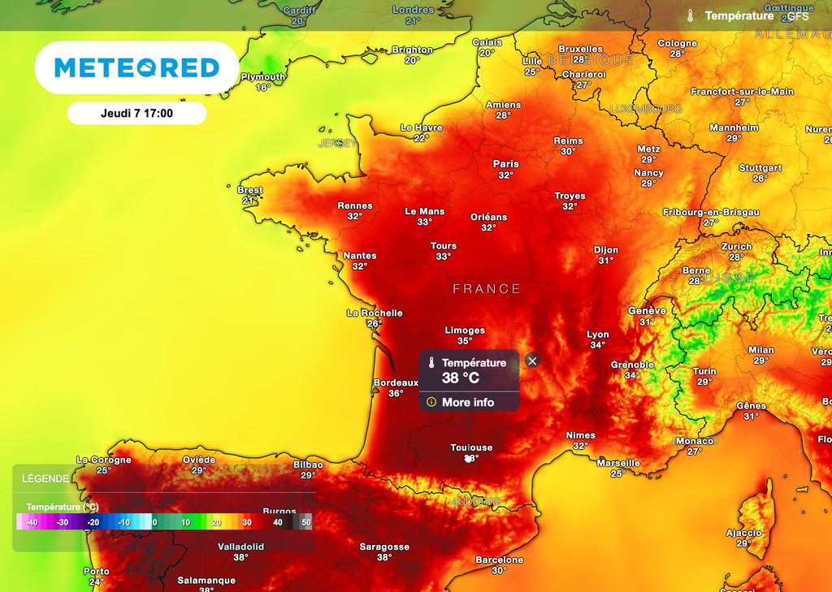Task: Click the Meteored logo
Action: pyautogui.click(x=136, y=67)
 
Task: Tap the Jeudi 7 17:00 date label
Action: pyautogui.click(x=136, y=114)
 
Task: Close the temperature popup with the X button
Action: pyautogui.click(x=532, y=361)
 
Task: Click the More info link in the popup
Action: pyautogui.click(x=467, y=402)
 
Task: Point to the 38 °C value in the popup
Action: pyautogui.click(x=461, y=378)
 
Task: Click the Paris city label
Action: pyautogui.click(x=505, y=164)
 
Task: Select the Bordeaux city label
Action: pyautogui.click(x=396, y=382)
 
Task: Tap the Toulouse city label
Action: pyautogui.click(x=471, y=447)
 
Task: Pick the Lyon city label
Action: pyautogui.click(x=598, y=335)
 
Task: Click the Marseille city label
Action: pyautogui.click(x=618, y=463)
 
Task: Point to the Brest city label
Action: pyautogui.click(x=249, y=190)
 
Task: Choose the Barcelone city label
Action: pyautogui.click(x=499, y=560)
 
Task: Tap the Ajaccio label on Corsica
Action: pyautogui.click(x=744, y=533)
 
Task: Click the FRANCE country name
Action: pyautogui.click(x=487, y=288)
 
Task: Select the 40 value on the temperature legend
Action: pyautogui.click(x=278, y=522)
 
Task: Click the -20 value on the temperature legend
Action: pyautogui.click(x=93, y=522)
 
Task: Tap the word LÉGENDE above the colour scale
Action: pyautogui.click(x=45, y=479)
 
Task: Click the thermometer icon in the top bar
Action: pyautogui.click(x=690, y=16)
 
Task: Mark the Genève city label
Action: pyautogui.click(x=647, y=311)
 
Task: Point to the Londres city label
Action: pyautogui.click(x=413, y=10)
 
